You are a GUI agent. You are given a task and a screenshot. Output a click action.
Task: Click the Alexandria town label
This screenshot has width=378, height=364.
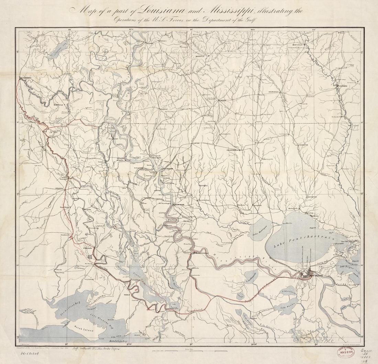(26, 78)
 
